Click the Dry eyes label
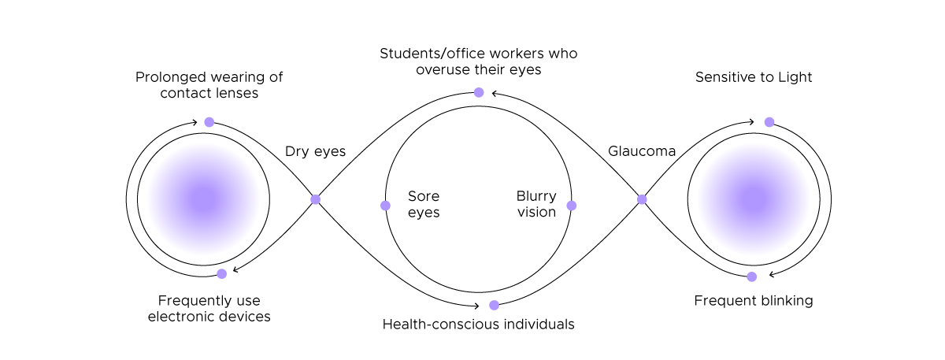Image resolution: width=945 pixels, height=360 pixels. pos(315,151)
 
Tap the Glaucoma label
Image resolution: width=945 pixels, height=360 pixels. pos(642,151)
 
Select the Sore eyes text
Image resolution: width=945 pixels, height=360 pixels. pos(424,204)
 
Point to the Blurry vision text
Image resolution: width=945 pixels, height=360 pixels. pos(536,204)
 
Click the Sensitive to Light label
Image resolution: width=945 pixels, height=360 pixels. pos(754,77)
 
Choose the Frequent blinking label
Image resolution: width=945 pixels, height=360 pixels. pos(754,300)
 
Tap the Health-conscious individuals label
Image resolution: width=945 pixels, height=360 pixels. pos(478,324)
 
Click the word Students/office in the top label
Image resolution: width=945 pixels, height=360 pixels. pos(431,54)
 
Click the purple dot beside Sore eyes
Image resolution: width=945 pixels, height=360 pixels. pos(385,206)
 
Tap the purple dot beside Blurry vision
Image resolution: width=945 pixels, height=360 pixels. pos(572,206)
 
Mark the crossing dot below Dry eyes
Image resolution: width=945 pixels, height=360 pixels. pos(315,199)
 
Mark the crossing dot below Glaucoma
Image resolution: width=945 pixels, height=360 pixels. pos(642,199)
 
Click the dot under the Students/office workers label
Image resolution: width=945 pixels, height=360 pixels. pos(478,92)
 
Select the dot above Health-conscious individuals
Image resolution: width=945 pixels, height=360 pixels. pos(494,305)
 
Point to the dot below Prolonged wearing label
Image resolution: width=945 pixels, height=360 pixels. pos(209,122)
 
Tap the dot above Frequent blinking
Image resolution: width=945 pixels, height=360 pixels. pos(752,276)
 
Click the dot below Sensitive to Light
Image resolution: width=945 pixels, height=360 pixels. pos(769,122)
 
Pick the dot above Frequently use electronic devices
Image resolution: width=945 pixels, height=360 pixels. pos(222,273)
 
